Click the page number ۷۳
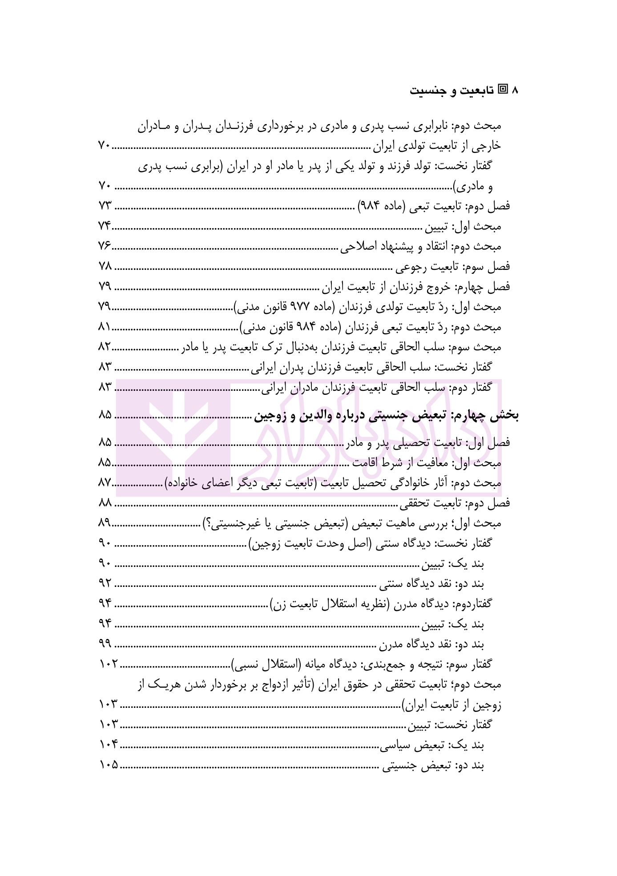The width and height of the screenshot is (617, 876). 105,206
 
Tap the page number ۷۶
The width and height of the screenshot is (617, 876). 105,246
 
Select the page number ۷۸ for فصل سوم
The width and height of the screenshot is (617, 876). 105,266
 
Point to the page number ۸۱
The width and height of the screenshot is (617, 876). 105,327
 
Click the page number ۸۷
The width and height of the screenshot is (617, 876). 105,483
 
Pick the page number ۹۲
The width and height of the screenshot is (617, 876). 105,583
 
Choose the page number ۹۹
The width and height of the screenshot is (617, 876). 105,644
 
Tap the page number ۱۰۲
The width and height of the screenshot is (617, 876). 108,664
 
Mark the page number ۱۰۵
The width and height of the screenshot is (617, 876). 108,765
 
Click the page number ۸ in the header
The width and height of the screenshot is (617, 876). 516,91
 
